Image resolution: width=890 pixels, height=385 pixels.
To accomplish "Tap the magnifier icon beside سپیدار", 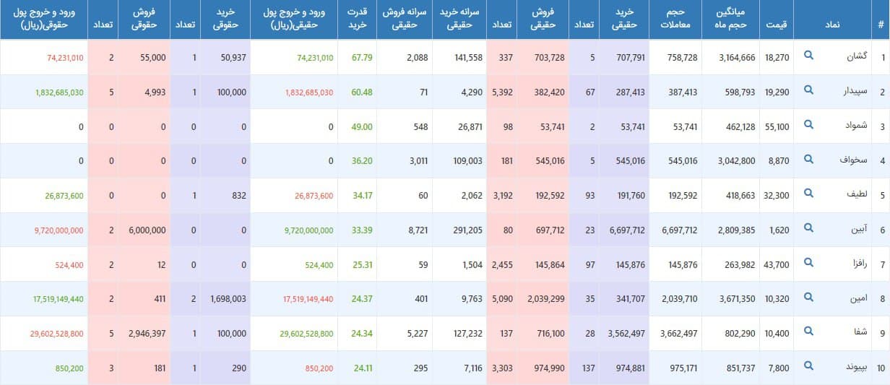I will coord(809,91).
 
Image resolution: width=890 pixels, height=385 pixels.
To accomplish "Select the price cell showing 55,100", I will coord(776,126).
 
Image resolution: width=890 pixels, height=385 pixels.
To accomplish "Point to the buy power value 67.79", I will coord(359,57).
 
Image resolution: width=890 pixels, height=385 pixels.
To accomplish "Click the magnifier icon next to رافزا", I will coord(809,264).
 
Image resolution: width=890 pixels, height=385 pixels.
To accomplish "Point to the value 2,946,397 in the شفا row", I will coord(147,334).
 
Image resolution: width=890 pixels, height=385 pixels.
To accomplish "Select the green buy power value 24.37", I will coord(359,299).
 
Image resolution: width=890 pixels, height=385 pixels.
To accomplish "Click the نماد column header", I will coord(831,25).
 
